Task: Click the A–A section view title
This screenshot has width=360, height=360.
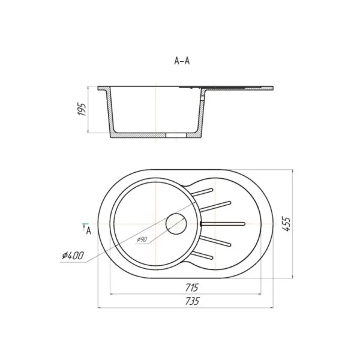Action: click(182, 61)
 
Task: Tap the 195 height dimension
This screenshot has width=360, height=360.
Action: click(82, 110)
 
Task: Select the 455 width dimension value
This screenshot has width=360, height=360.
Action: click(286, 224)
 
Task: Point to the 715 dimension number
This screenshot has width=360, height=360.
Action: click(192, 287)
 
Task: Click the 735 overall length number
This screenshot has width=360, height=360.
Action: click(192, 301)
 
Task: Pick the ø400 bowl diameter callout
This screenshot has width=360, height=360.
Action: click(73, 256)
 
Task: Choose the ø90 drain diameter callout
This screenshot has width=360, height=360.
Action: click(142, 239)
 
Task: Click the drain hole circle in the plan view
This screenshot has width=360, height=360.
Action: click(176, 224)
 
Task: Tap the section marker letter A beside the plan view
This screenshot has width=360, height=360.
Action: click(89, 231)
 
